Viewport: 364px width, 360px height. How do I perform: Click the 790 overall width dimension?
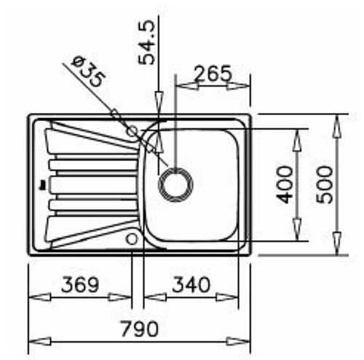(x=140, y=329)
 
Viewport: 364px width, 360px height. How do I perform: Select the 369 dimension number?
(x=80, y=284)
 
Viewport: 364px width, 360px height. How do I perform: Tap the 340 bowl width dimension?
(x=191, y=284)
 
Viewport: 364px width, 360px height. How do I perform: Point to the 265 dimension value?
(x=213, y=73)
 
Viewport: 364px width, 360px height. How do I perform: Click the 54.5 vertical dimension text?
(x=146, y=43)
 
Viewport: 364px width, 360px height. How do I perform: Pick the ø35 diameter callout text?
(x=89, y=72)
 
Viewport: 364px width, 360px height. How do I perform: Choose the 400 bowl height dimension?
(x=285, y=184)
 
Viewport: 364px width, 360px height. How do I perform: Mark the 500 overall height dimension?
(x=325, y=184)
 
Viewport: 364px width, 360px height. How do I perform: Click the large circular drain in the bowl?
(x=175, y=184)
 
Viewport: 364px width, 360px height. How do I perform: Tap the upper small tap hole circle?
(x=132, y=131)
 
